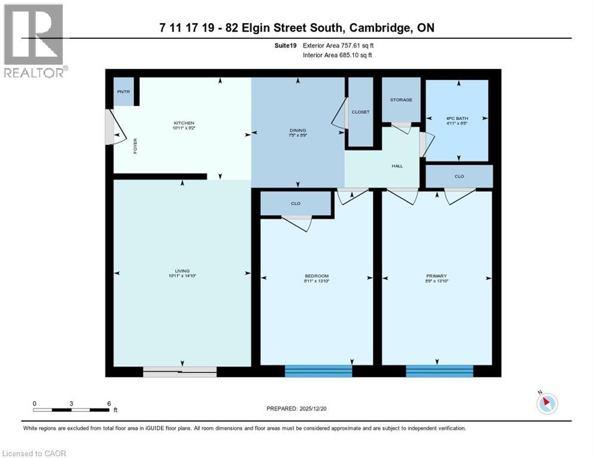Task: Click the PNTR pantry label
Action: tap(123, 92)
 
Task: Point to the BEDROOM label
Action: tap(317, 276)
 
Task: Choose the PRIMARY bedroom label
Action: tap(437, 276)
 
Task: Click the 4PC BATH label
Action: tap(458, 119)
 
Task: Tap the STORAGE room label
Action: tap(401, 100)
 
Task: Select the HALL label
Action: tap(397, 166)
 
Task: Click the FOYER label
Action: tap(135, 146)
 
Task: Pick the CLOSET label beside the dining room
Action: tap(360, 112)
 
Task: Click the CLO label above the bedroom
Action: tap(295, 203)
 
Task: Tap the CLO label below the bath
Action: tap(458, 177)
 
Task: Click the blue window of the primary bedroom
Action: tap(439, 372)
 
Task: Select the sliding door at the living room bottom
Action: tap(180, 372)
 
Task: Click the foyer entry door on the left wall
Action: tap(110, 126)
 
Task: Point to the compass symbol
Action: tap(546, 403)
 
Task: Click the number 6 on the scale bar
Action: tap(109, 403)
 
